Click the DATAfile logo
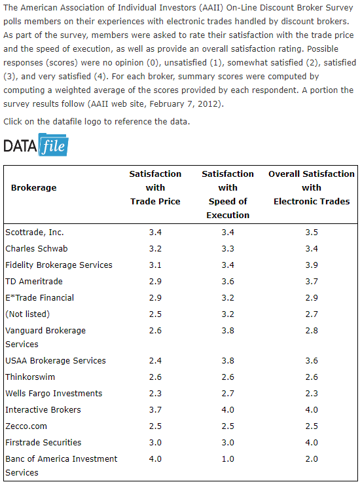(36, 145)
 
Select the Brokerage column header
(34, 188)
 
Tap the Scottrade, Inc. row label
(35, 233)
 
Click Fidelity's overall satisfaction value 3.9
(312, 265)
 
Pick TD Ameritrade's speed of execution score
(228, 282)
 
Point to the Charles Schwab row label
(36, 249)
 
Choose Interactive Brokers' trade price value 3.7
(155, 410)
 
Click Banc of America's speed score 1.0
(228, 458)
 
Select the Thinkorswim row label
(30, 377)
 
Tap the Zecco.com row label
(26, 426)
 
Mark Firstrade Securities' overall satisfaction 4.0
(312, 442)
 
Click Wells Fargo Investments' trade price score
(155, 394)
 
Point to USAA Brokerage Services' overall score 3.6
(312, 360)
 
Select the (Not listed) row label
(27, 314)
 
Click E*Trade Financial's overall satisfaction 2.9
(312, 298)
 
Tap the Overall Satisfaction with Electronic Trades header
(312, 188)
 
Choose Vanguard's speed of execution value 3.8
(228, 330)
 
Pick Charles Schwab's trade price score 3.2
(155, 249)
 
